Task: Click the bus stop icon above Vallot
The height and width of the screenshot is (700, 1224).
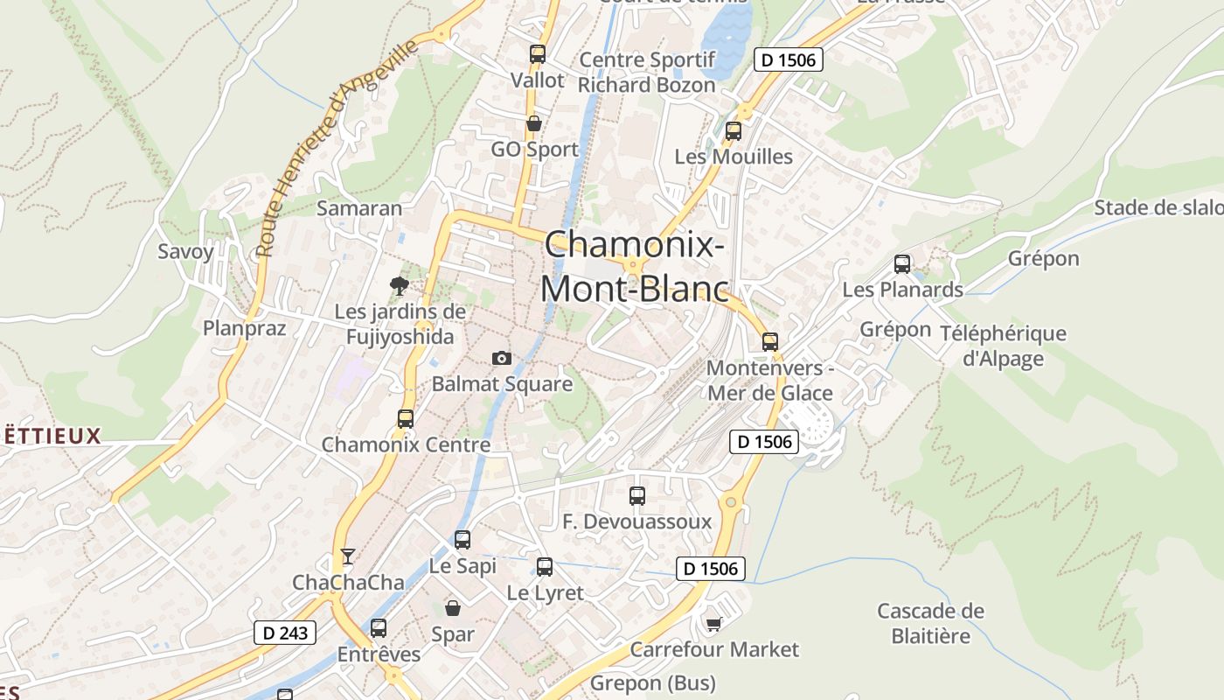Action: pyautogui.click(x=538, y=54)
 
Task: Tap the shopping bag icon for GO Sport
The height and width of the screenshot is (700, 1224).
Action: pyautogui.click(x=533, y=123)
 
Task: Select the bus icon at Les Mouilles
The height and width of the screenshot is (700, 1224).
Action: pyautogui.click(x=734, y=131)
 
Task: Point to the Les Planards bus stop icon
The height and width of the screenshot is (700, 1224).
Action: pyautogui.click(x=902, y=263)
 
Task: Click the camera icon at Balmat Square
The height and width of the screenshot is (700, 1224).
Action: pyautogui.click(x=501, y=358)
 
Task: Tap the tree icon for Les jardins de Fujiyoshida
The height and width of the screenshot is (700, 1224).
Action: pyautogui.click(x=400, y=285)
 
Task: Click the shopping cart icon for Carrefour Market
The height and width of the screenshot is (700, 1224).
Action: pyautogui.click(x=714, y=624)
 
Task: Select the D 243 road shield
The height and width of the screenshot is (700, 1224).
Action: pyautogui.click(x=285, y=632)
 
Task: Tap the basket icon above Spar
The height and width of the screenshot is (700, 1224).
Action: pyautogui.click(x=453, y=607)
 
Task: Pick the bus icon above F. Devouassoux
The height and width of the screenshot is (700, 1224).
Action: pyautogui.click(x=637, y=496)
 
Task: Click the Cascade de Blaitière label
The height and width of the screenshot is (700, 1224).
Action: pyautogui.click(x=930, y=623)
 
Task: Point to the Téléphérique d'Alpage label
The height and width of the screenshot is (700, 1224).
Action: pyautogui.click(x=1003, y=346)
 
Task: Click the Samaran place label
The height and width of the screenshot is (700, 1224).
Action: pyautogui.click(x=359, y=208)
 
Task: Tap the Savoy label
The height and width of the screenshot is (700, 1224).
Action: pyautogui.click(x=185, y=252)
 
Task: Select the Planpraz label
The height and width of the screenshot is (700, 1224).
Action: pyautogui.click(x=245, y=328)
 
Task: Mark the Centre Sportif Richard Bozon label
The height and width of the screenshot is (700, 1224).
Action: pyautogui.click(x=647, y=73)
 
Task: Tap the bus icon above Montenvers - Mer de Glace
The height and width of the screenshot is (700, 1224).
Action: pyautogui.click(x=770, y=341)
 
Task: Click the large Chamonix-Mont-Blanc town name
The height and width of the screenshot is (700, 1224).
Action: pyautogui.click(x=635, y=265)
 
